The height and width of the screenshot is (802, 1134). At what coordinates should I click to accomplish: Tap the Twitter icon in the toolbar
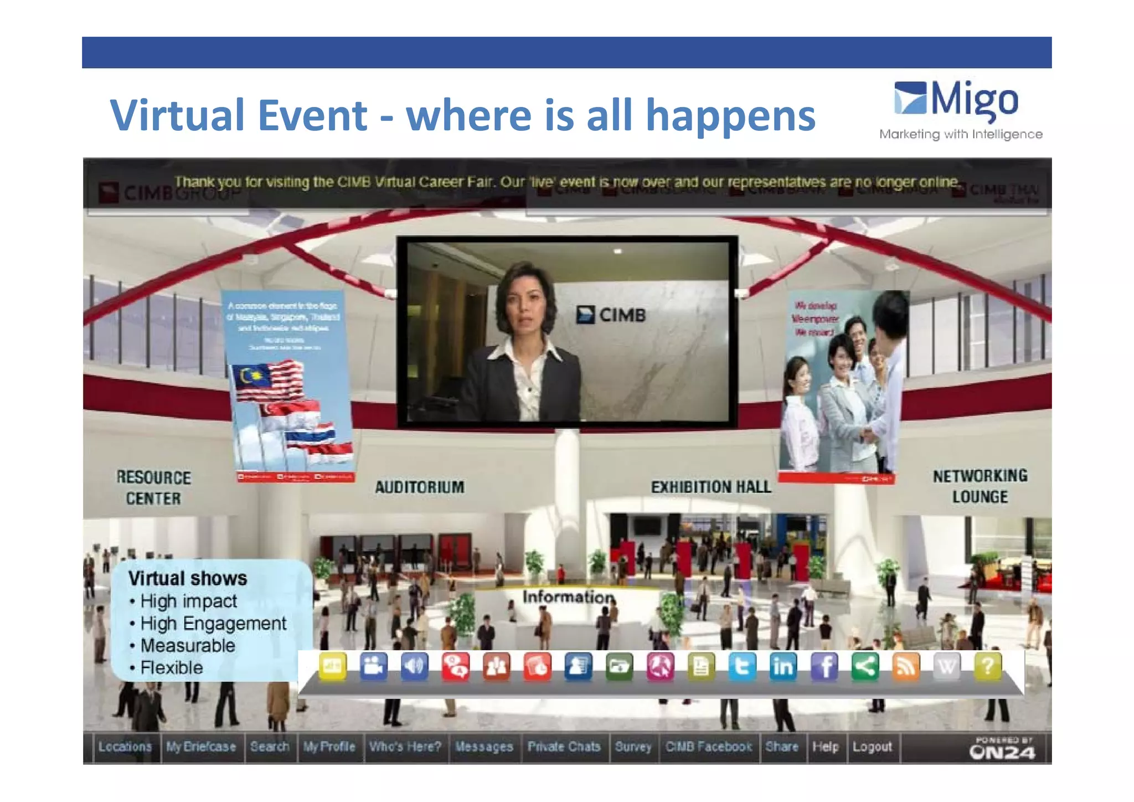(x=742, y=666)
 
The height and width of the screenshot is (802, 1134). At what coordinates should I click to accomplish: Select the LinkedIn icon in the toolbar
(x=783, y=666)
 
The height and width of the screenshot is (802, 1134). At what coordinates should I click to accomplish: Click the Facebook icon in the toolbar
(x=824, y=666)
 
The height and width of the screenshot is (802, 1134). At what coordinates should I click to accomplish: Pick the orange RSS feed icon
(x=906, y=666)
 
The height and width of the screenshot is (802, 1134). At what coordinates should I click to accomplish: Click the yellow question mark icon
(x=988, y=666)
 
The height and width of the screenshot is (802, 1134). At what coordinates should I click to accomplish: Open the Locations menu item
(x=125, y=747)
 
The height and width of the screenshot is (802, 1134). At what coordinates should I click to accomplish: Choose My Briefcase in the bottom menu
(x=201, y=747)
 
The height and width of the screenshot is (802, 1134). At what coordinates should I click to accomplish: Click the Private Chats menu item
(x=564, y=747)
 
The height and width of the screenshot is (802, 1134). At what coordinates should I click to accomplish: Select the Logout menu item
(x=872, y=747)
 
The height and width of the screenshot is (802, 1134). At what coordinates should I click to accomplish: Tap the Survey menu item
(x=633, y=747)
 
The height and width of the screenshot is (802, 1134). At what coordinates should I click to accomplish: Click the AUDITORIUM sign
(x=420, y=487)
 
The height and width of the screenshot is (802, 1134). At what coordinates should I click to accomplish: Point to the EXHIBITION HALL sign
(x=711, y=487)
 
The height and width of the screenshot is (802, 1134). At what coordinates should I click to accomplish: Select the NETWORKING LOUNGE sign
(x=980, y=486)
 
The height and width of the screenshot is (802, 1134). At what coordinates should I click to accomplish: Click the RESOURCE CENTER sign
(x=153, y=487)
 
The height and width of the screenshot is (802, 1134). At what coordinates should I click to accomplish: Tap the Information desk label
(x=568, y=597)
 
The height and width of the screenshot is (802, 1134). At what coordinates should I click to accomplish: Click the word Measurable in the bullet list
(x=188, y=645)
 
